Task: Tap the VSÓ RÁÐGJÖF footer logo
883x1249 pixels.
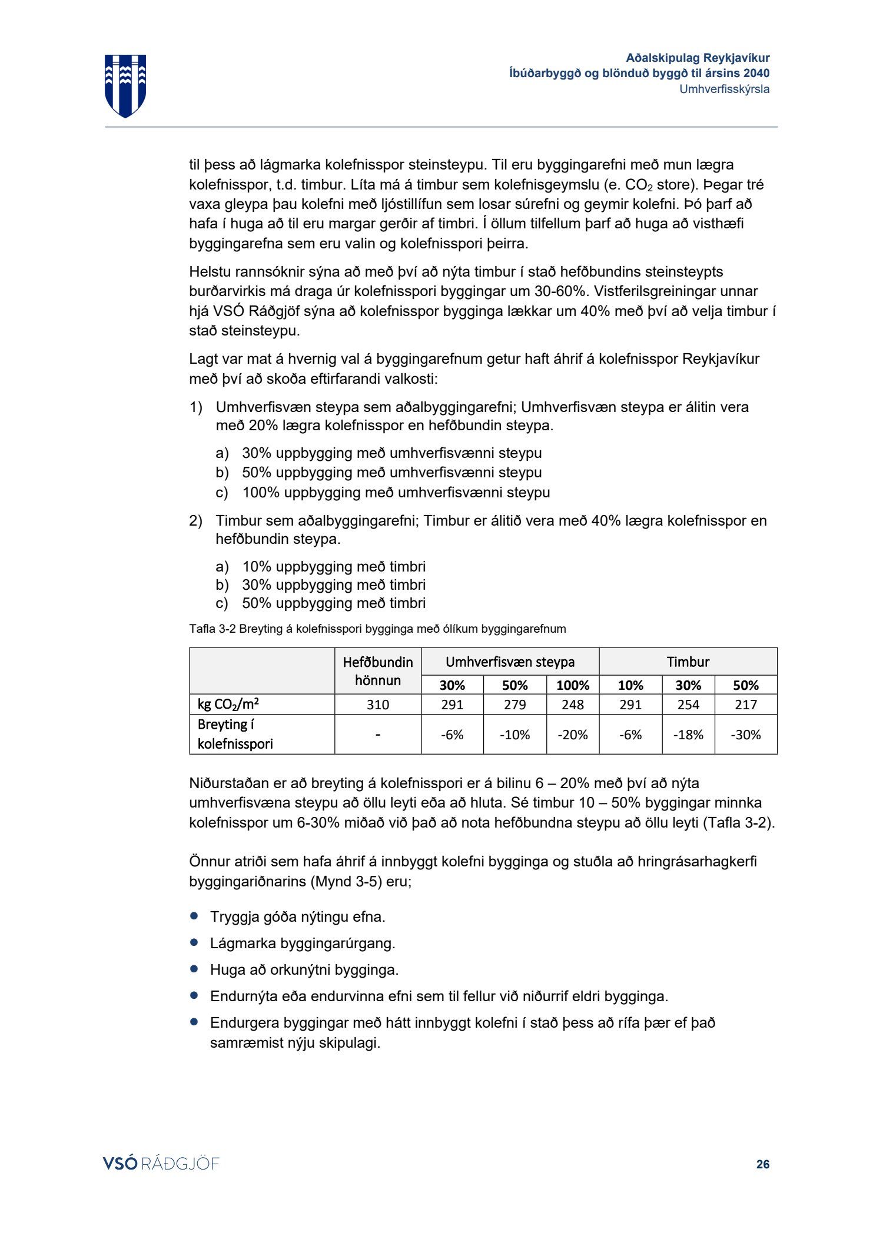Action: (161, 1164)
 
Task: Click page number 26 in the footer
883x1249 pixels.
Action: (762, 1164)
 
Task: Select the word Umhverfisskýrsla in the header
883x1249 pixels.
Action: (724, 89)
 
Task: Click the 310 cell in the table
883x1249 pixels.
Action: (378, 705)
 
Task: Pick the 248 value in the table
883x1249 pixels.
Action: (573, 705)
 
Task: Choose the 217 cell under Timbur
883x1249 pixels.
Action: (746, 705)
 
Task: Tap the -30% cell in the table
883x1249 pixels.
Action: (746, 735)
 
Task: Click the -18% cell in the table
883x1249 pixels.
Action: (688, 735)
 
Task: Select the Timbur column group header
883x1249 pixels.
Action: (688, 662)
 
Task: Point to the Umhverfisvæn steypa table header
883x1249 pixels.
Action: (510, 662)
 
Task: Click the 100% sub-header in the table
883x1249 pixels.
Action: (573, 685)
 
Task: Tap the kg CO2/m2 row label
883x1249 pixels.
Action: (228, 705)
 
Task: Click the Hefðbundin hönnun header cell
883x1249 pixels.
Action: (378, 671)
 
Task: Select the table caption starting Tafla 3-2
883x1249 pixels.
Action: (377, 629)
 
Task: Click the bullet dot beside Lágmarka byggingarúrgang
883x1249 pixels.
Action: (194, 942)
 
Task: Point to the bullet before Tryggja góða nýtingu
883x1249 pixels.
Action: (194, 916)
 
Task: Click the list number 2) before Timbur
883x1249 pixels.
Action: (195, 521)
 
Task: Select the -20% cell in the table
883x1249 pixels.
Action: (573, 735)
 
